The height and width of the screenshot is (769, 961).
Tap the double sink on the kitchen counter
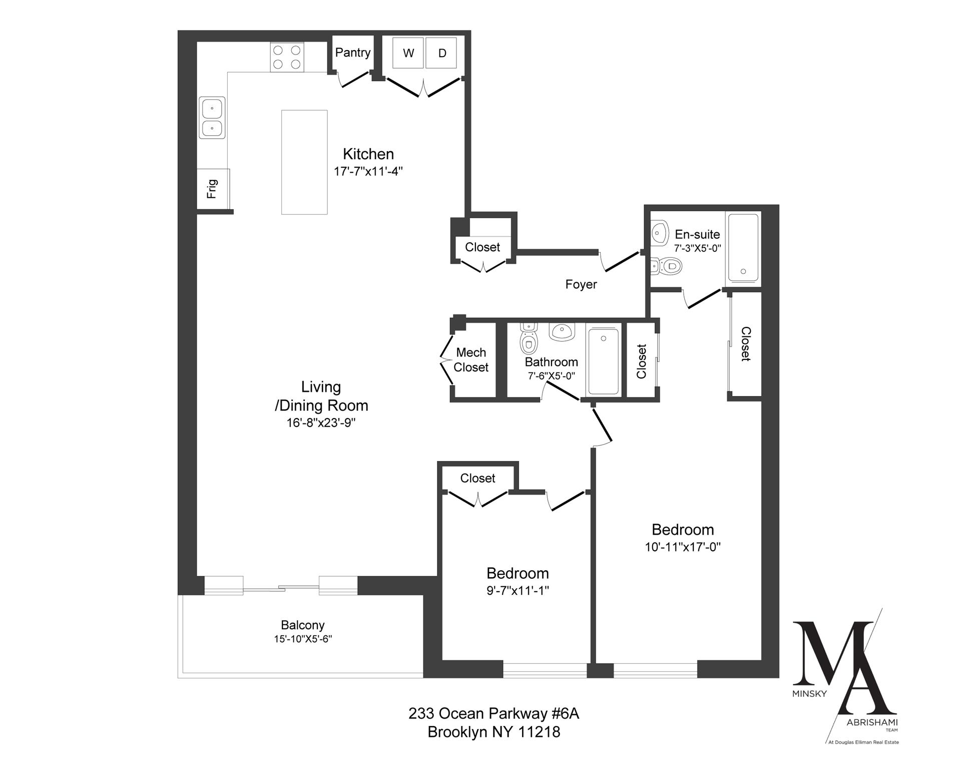212,118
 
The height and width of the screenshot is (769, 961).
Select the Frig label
213,189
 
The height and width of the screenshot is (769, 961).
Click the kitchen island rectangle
304,162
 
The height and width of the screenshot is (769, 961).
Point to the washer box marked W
408,53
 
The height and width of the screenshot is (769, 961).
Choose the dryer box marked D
441,53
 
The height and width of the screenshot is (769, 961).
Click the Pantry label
353,53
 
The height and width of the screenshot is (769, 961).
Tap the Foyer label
581,284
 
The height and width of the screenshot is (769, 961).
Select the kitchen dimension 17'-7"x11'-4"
368,171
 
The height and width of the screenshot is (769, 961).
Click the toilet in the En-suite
669,266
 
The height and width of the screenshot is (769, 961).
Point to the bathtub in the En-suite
743,248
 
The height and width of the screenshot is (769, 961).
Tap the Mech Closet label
471,360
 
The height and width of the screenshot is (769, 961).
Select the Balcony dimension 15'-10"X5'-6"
303,639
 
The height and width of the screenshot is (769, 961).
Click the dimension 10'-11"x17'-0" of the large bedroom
683,547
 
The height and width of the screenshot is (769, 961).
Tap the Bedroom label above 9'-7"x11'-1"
518,573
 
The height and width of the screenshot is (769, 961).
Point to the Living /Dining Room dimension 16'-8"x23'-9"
321,423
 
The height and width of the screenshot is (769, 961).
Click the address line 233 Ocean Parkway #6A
494,713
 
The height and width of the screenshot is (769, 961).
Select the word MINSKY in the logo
809,694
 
